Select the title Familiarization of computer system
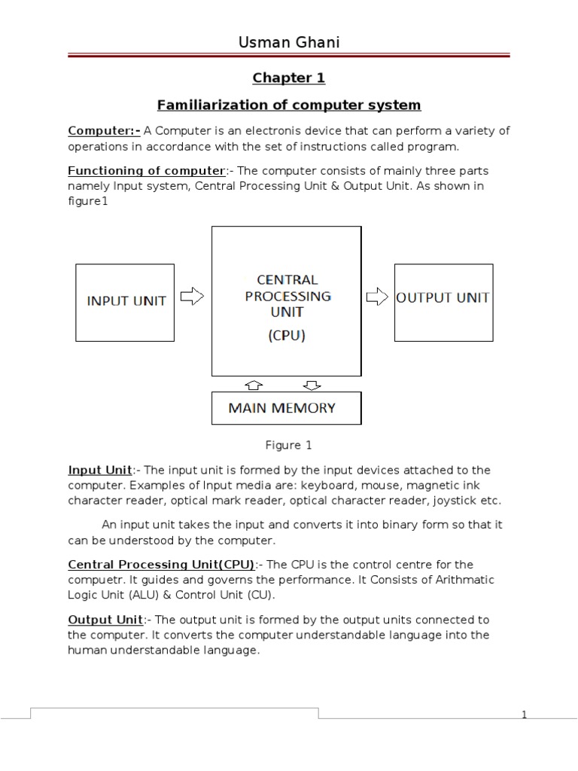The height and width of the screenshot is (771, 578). pos(290,104)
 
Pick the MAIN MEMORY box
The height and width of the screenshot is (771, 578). pos(286,408)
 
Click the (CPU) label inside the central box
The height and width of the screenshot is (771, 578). pos(287,337)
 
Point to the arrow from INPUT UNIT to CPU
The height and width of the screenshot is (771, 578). pos(193,297)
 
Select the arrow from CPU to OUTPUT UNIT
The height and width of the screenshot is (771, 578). pos(376,297)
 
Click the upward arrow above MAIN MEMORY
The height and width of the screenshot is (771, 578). pos(254,385)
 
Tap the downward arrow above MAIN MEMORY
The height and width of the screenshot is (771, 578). pos(311,385)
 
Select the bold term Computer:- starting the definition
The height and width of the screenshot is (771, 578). pos(104,131)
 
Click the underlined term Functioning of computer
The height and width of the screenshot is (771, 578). pos(146,171)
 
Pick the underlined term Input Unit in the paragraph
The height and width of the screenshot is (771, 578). pos(100,470)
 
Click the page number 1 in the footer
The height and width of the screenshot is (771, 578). pos(524,715)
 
